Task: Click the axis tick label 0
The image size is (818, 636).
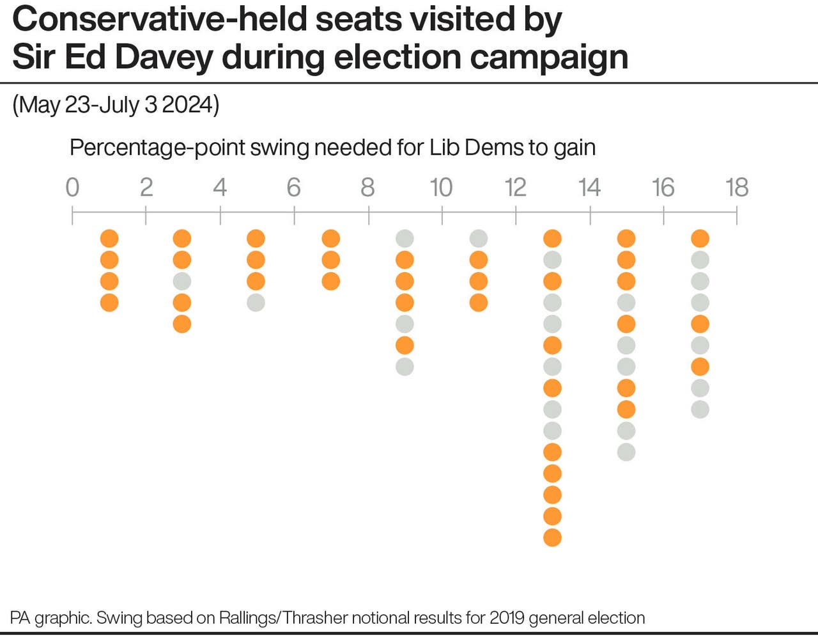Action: tap(72, 187)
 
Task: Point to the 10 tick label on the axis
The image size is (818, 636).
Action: tap(441, 187)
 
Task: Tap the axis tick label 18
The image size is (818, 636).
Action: tap(737, 187)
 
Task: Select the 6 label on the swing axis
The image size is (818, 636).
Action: tap(293, 187)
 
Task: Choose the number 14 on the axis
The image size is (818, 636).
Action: tap(589, 187)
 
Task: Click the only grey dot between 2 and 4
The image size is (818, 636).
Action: tap(182, 282)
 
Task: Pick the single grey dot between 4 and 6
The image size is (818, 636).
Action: tap(256, 303)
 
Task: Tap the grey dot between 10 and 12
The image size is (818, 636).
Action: tap(479, 239)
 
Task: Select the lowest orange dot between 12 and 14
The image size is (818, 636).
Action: tap(553, 537)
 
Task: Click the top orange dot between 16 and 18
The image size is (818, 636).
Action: tap(700, 239)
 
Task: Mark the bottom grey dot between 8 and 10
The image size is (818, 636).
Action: tap(405, 367)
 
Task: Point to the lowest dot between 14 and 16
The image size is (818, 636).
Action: tap(626, 452)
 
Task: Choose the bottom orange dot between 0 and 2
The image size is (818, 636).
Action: tap(109, 303)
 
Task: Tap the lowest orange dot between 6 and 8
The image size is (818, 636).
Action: tap(330, 282)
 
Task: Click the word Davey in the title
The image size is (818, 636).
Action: tap(164, 57)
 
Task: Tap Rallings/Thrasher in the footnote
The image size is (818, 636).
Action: tap(282, 618)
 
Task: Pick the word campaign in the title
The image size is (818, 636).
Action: tap(549, 57)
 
